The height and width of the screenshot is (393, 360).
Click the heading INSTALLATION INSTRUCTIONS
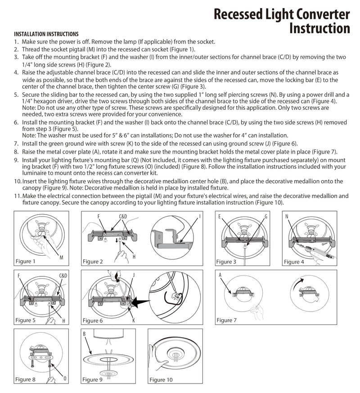click(46, 34)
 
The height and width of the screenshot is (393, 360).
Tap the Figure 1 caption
click(25, 261)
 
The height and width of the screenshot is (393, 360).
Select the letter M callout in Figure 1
click(61, 257)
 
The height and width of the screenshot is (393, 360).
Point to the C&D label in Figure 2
click(123, 216)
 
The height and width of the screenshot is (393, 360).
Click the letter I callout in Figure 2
click(200, 216)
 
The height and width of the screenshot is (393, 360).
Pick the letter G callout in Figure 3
click(266, 217)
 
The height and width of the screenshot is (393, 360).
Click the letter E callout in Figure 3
click(220, 217)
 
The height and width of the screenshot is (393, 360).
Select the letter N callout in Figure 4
click(287, 216)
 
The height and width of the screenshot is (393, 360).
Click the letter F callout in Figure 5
click(19, 276)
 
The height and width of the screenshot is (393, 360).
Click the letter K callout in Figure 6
click(134, 320)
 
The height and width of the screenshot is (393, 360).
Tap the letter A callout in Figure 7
click(220, 275)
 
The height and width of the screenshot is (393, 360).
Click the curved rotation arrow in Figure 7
click(298, 282)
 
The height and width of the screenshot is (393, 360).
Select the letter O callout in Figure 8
click(65, 378)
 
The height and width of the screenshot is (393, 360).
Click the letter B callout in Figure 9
click(84, 334)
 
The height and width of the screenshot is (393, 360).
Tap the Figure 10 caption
click(161, 379)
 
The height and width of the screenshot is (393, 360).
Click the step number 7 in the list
click(16, 144)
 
